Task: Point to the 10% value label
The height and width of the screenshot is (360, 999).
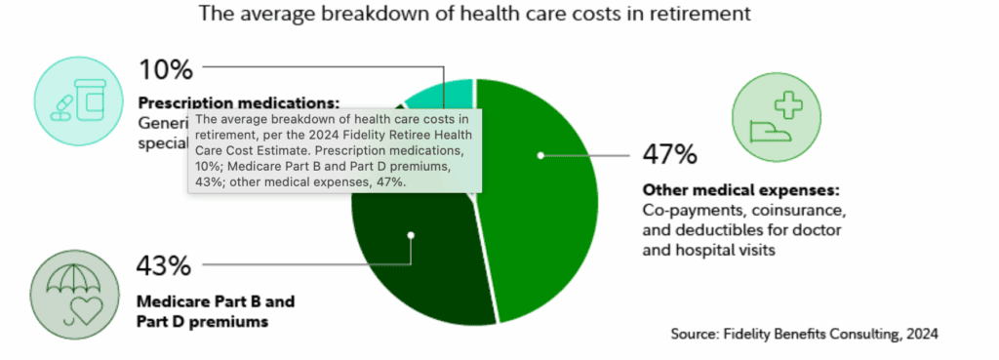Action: (x=165, y=70)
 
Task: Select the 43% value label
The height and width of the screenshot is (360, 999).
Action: (x=165, y=265)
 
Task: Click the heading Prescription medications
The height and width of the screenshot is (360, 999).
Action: (x=239, y=101)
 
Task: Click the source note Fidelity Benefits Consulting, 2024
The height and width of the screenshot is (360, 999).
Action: (x=804, y=334)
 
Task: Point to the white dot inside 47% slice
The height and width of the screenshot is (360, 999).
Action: (x=539, y=154)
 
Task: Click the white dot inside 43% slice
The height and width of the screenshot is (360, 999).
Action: (x=411, y=234)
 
